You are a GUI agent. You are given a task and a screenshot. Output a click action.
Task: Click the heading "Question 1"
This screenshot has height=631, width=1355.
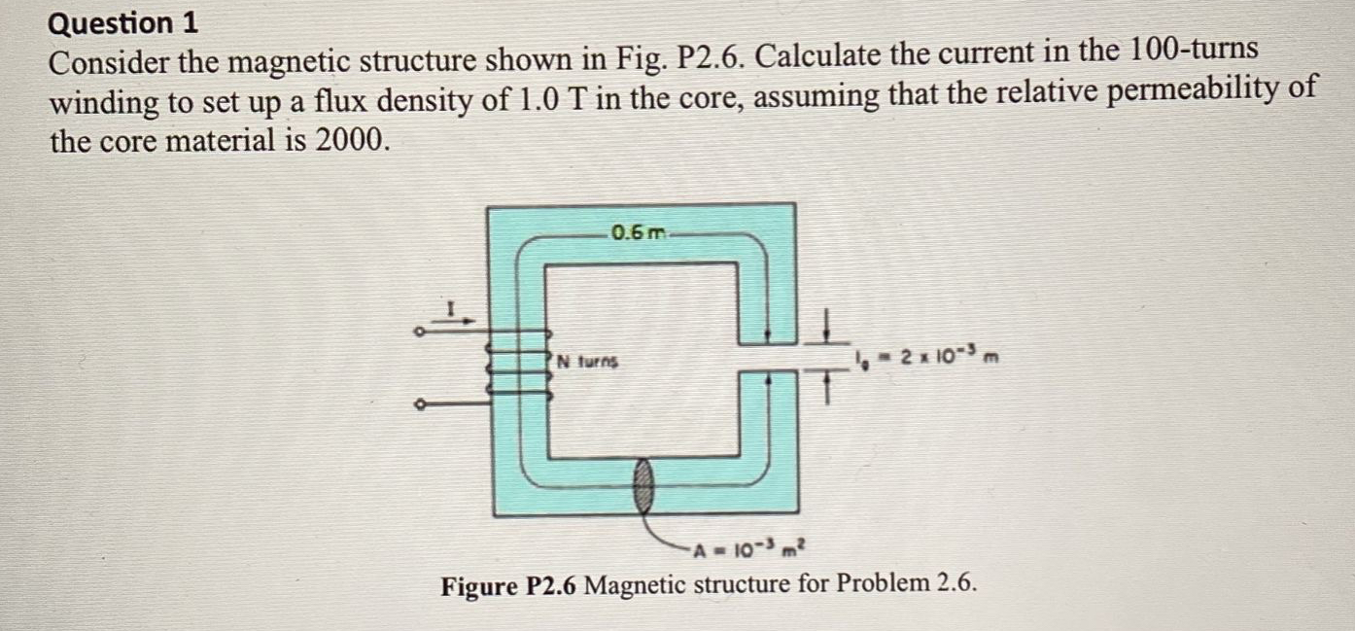[x=123, y=21]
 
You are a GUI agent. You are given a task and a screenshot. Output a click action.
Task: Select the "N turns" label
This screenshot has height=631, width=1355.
[x=587, y=362]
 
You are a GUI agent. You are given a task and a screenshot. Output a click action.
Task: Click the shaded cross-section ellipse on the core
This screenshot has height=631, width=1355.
[x=644, y=483]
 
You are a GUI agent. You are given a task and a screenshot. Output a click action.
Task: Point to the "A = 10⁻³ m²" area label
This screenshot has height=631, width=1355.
[x=749, y=553]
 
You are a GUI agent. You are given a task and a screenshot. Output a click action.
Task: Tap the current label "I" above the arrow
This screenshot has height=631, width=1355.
[x=451, y=309]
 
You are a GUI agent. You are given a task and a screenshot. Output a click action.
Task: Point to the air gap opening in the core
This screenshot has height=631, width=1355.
[x=768, y=362]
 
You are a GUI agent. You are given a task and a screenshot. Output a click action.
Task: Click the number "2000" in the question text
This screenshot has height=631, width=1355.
[x=349, y=142]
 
